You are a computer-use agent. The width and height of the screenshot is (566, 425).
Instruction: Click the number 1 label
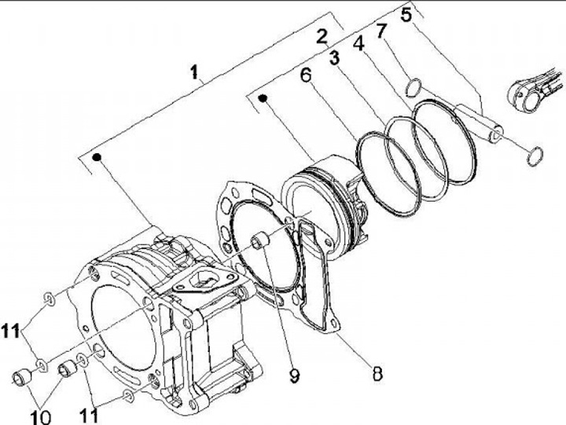pyautogui.click(x=194, y=73)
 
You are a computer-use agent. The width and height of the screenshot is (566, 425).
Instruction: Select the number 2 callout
pyautogui.click(x=321, y=35)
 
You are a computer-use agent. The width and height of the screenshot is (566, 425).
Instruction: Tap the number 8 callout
pyautogui.click(x=377, y=374)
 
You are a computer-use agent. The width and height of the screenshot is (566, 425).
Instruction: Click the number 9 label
pyautogui.click(x=293, y=376)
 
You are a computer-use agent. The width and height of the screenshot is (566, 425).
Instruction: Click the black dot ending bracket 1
pyautogui.click(x=97, y=157)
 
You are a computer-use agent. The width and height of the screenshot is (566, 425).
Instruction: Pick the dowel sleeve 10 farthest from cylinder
pyautogui.click(x=19, y=379)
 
